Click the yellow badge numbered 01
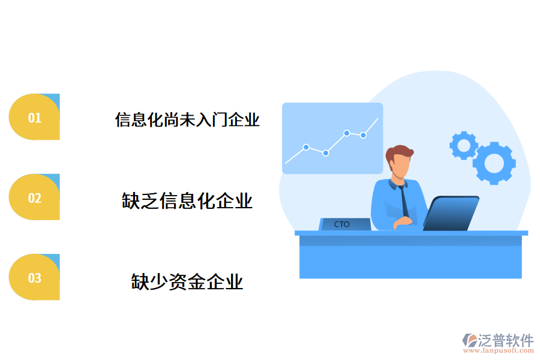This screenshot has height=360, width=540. [x=34, y=118]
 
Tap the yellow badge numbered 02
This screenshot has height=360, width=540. [x=34, y=197]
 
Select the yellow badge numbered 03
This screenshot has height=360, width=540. [x=34, y=277]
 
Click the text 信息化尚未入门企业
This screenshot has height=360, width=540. [x=187, y=119]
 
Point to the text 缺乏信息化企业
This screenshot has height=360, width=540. [x=187, y=200]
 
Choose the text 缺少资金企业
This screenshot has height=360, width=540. [x=187, y=281]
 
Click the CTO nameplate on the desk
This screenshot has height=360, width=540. [x=344, y=224]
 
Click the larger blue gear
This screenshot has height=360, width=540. [x=494, y=163]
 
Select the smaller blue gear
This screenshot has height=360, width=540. [x=463, y=145]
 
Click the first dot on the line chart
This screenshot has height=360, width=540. [x=306, y=147]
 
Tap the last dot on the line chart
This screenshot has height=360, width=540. [x=363, y=135]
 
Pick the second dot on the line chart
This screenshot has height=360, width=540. [x=326, y=153]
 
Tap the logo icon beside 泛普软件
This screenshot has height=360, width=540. [x=469, y=341]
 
